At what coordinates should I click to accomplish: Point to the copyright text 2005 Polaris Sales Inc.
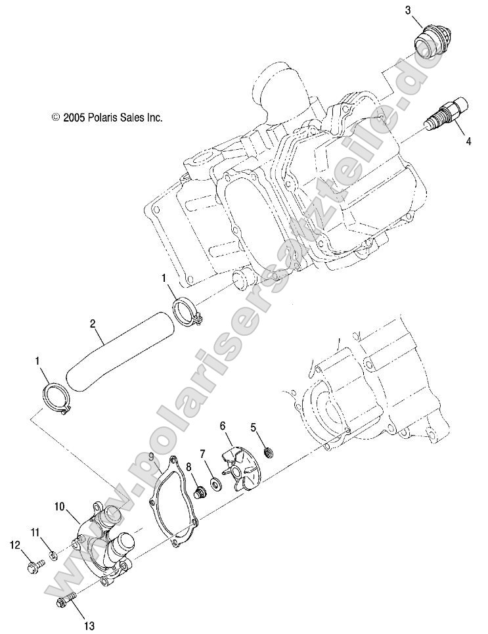(x=107, y=118)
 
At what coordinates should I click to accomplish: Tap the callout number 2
(x=93, y=323)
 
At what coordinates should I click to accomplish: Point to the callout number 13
(x=89, y=625)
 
